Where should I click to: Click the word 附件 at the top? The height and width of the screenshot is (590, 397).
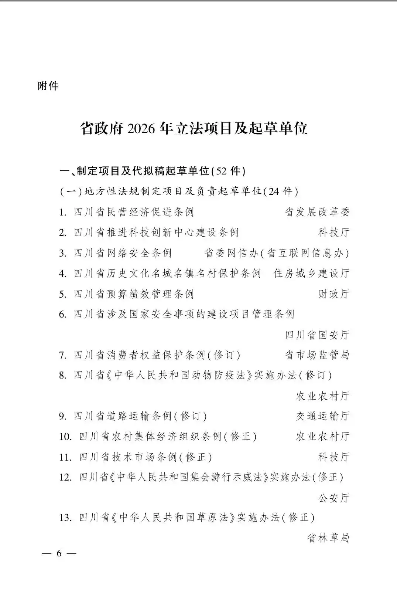tap(48, 86)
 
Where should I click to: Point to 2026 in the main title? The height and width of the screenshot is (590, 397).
tap(140, 129)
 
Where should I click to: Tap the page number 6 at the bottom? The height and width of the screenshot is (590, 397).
tap(59, 553)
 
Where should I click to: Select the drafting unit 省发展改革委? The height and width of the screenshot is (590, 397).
tap(317, 212)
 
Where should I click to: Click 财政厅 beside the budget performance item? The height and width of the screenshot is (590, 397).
tap(333, 294)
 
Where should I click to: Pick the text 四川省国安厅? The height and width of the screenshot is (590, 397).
tap(317, 335)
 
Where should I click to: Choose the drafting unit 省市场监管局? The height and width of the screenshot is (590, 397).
tap(317, 355)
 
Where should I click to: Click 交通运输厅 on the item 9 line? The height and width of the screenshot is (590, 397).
tap(322, 416)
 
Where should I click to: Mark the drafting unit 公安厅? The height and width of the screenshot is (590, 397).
tap(333, 498)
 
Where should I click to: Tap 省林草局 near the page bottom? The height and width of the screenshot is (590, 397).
tap(328, 538)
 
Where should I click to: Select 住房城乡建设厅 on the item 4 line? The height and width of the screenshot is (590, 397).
tap(311, 273)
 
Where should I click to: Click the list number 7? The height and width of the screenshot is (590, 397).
tap(62, 355)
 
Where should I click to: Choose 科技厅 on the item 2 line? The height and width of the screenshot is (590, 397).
tap(333, 232)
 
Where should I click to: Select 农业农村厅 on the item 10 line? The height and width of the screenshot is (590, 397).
tap(322, 436)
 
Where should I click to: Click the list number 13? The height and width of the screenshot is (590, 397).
tap(65, 518)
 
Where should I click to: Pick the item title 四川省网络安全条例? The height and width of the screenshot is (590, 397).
tap(123, 253)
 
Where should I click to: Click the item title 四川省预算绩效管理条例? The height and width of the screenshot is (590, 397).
tap(134, 294)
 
